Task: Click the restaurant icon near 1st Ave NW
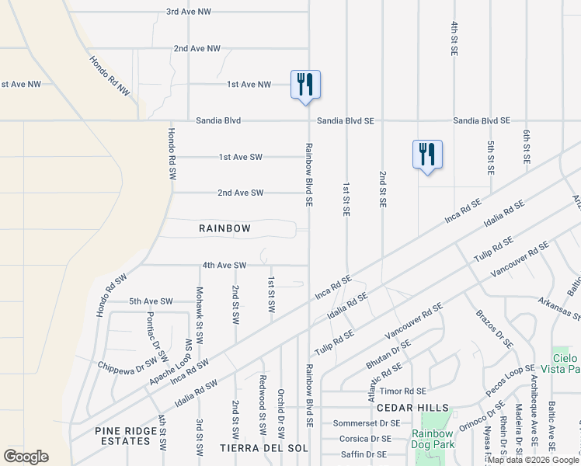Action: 305,84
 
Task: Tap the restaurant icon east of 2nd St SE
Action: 427,154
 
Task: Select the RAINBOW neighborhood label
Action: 224,228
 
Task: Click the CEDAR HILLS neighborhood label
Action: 412,408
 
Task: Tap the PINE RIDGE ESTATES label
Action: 122,436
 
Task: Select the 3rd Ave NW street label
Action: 190,12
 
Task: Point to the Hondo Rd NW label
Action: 110,75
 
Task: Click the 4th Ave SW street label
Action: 224,265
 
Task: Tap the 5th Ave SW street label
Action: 151,301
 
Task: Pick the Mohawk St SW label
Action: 200,306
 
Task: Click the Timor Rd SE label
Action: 407,391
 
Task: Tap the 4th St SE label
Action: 454,38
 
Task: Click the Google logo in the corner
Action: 26,457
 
